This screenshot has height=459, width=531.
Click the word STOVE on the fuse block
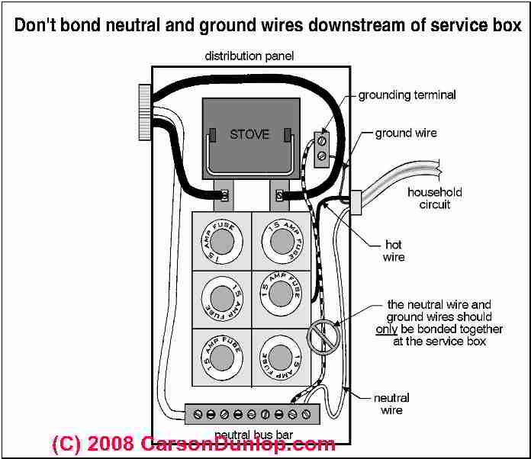(x=249, y=134)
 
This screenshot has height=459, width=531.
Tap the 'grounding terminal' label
(x=407, y=95)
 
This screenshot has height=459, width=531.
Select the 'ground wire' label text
(x=406, y=133)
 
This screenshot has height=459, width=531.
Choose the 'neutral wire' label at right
(x=392, y=404)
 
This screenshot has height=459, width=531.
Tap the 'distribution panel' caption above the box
(x=249, y=57)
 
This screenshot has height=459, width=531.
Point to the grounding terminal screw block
(x=322, y=148)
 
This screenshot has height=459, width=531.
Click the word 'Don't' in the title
(x=36, y=25)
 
